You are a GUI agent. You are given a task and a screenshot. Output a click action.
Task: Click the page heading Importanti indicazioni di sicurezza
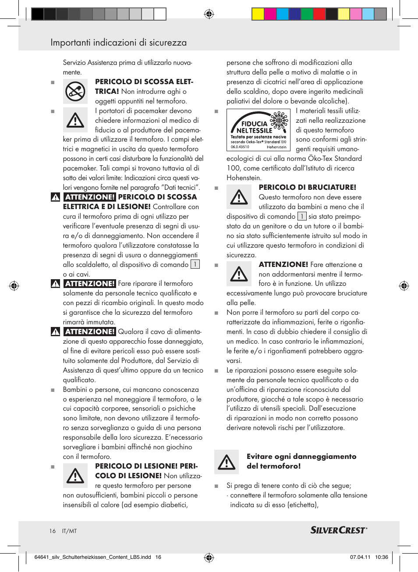pyautogui.click(x=118, y=43)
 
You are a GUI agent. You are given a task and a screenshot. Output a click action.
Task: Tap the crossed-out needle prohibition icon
pyautogui.click(x=75, y=92)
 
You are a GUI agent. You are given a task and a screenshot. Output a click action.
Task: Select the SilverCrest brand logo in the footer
pyautogui.click(x=339, y=530)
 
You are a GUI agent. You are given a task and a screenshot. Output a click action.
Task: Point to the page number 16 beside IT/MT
pyautogui.click(x=53, y=531)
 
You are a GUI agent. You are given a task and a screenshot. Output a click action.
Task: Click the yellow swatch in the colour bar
pyautogui.click(x=258, y=14)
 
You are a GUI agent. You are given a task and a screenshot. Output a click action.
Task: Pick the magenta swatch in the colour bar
pyautogui.click(x=270, y=14)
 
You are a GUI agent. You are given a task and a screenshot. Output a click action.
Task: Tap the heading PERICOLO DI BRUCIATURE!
pyautogui.click(x=307, y=187)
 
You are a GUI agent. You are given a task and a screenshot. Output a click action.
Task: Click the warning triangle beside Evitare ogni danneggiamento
pyautogui.click(x=227, y=462)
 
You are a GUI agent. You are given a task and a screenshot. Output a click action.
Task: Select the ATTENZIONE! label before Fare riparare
pyautogui.click(x=90, y=284)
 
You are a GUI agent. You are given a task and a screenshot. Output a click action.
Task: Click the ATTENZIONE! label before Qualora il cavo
pyautogui.click(x=90, y=332)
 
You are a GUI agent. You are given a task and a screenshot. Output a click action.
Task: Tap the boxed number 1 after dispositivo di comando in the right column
pyautogui.click(x=302, y=217)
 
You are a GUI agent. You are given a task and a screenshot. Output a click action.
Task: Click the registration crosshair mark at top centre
pyautogui.click(x=209, y=14)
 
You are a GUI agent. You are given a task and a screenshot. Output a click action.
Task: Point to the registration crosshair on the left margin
pyautogui.click(x=14, y=286)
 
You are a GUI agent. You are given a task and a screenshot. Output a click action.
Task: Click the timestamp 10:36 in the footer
pyautogui.click(x=381, y=557)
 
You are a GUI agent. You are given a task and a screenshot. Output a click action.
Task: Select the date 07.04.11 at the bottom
pyautogui.click(x=360, y=557)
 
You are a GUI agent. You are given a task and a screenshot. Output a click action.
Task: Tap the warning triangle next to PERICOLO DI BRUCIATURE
pyautogui.click(x=239, y=197)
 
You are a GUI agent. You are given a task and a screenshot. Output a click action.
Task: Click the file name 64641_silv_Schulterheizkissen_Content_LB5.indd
pyautogui.click(x=92, y=557)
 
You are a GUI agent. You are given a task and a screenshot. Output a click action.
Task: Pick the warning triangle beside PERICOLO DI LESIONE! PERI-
pyautogui.click(x=75, y=476)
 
